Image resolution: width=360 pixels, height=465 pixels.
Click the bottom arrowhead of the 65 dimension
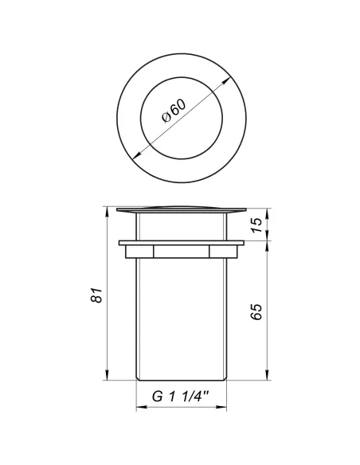(x=266, y=377)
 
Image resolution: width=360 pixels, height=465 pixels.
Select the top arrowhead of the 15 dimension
(x=266, y=211)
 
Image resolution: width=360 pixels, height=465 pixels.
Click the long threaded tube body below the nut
(x=180, y=318)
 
